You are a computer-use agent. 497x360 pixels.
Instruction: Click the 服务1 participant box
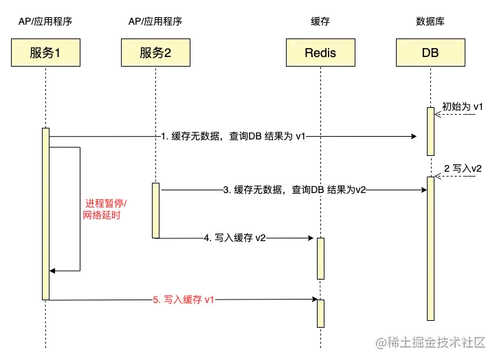coord(45,52)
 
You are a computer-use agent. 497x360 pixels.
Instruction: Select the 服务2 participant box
coord(155,52)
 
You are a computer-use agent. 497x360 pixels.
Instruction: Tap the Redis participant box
coord(320,52)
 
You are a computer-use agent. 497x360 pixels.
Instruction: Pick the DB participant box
coord(430,52)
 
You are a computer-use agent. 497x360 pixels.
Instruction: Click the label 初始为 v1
coord(462,107)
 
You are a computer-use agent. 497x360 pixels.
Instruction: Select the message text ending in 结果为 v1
coord(234,136)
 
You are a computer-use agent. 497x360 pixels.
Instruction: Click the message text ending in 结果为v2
coord(295,190)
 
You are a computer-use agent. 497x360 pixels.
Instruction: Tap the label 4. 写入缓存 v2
coord(235,238)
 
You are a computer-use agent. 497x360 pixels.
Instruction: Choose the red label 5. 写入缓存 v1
coord(184,300)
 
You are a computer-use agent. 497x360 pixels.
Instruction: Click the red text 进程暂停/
coord(107,204)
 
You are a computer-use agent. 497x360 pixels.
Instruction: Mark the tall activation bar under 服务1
coord(45,213)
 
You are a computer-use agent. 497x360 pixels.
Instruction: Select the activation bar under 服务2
coord(155,210)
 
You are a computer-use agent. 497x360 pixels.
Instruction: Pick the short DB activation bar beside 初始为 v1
coord(430,131)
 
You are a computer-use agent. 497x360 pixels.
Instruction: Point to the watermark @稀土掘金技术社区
coord(430,341)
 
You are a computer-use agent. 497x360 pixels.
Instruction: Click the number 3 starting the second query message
coord(225,190)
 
